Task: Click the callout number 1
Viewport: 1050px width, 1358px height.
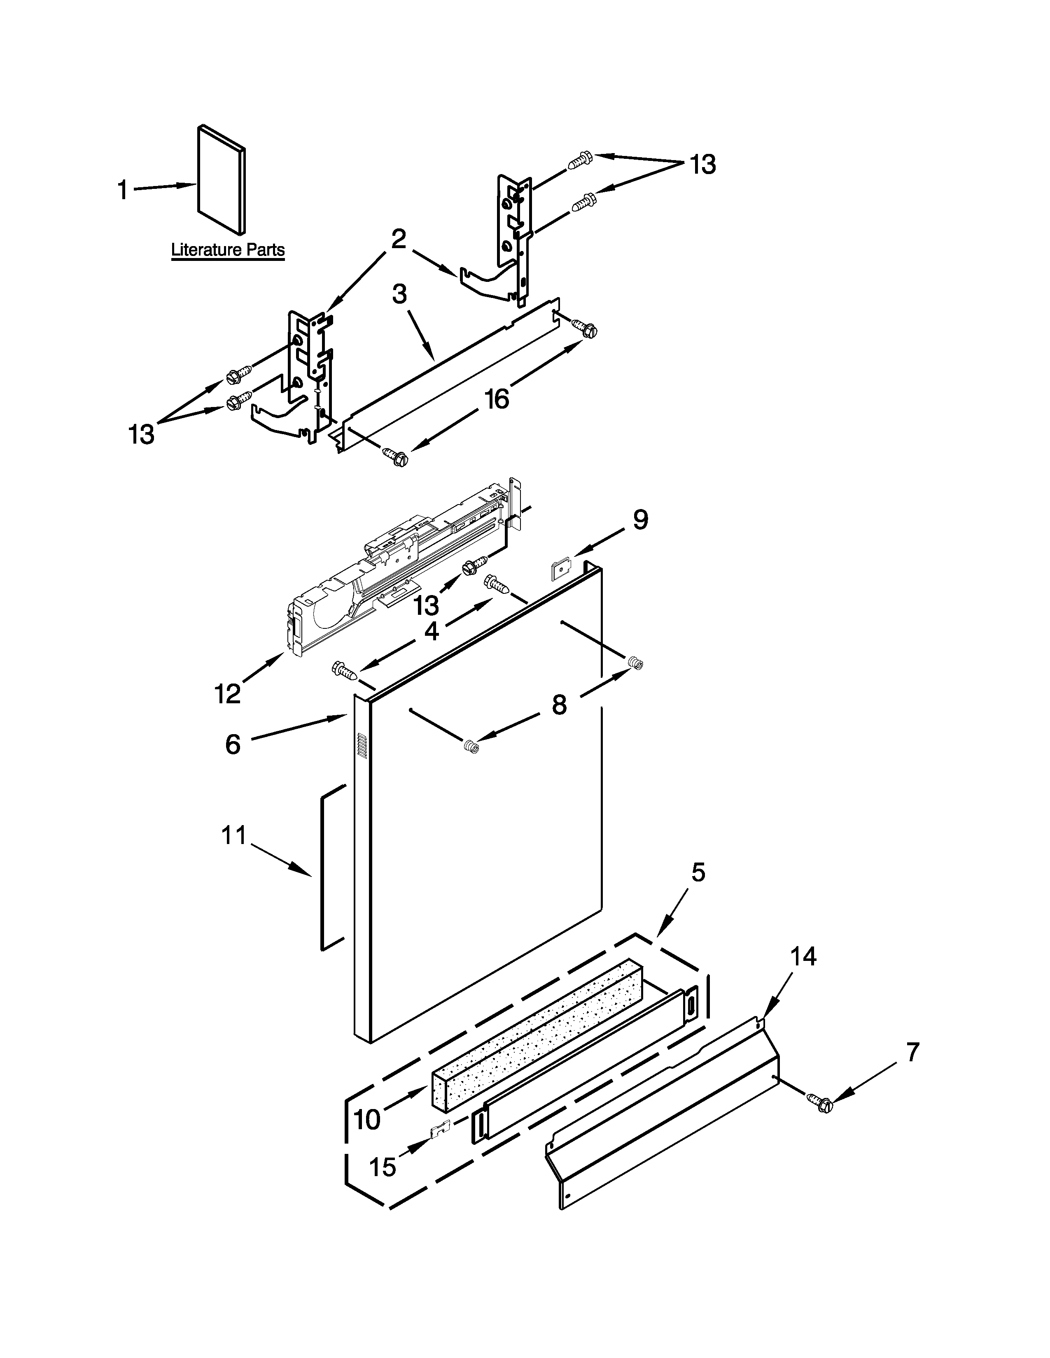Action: pos(123,190)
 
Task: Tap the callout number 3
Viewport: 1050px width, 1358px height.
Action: pos(399,294)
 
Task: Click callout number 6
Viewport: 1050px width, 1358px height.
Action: pos(233,743)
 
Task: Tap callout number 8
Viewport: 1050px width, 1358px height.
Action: pos(559,705)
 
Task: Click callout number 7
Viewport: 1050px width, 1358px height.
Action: pos(912,1052)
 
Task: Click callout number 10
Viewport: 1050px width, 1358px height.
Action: pos(367,1119)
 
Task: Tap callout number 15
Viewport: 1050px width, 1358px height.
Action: pos(383,1167)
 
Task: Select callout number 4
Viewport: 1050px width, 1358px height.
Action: pos(432,631)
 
